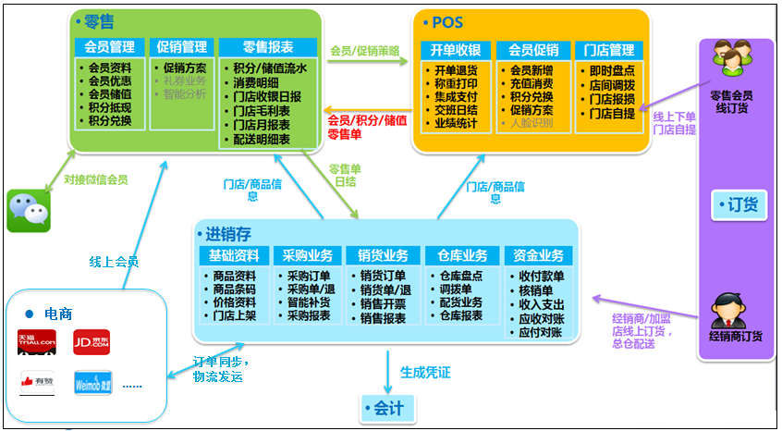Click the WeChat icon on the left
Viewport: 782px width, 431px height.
29,210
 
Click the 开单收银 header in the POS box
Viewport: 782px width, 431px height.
456,49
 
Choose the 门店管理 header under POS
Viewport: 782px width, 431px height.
610,49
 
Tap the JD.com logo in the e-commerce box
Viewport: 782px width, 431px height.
92,342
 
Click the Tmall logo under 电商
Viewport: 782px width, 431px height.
37,342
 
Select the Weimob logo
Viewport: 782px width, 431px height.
92,382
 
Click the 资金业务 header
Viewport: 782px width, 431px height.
538,256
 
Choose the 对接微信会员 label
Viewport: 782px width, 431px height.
95,179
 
